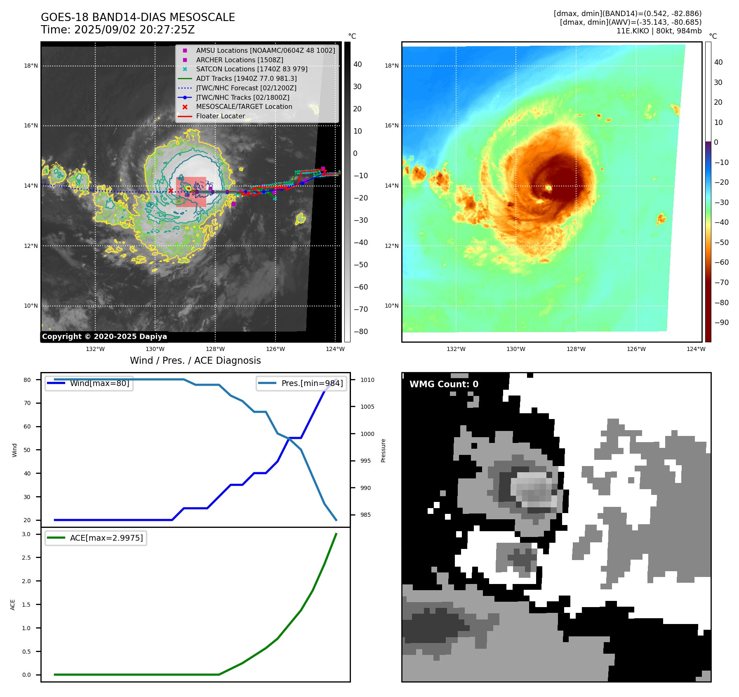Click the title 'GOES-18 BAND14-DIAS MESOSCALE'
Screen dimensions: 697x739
(138, 17)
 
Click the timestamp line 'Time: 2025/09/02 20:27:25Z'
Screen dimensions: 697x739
(118, 30)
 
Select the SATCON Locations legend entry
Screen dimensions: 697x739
(252, 69)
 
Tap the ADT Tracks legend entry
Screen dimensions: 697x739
(246, 78)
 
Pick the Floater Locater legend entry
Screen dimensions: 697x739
(220, 116)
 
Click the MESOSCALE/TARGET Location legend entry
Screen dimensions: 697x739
(244, 107)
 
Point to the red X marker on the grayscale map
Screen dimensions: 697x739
(171, 191)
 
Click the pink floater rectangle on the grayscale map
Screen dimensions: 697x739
(191, 192)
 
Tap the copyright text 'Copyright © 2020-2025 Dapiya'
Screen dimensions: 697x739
(104, 337)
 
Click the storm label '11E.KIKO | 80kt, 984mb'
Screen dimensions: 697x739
(659, 31)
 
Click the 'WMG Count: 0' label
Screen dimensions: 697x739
(444, 384)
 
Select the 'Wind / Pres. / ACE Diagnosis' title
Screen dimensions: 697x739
(195, 360)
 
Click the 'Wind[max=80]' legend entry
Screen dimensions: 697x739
(99, 383)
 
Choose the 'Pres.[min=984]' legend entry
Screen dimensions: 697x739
(312, 383)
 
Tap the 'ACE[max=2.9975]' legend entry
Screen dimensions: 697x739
(106, 538)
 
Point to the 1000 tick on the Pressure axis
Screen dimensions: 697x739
(367, 434)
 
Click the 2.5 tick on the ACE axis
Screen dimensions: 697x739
(26, 558)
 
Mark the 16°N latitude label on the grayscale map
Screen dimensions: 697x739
(31, 126)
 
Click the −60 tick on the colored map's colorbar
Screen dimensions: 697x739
(721, 262)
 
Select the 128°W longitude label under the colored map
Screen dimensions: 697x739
(576, 349)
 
